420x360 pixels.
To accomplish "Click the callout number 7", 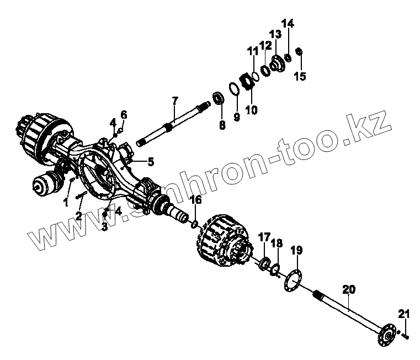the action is coord(175,100).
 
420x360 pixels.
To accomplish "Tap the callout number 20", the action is coord(348,289).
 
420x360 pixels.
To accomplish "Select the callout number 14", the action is coord(288,24).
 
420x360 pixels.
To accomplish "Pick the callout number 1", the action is coord(66,202).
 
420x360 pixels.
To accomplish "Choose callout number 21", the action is coord(404,315).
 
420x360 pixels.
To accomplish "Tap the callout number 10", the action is coord(251,110).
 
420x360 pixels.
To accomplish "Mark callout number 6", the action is coord(124,115).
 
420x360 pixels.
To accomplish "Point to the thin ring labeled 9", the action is coord(235,89).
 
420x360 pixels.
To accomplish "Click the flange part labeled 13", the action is coord(276,60).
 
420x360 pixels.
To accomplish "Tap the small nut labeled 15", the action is coord(299,52).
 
